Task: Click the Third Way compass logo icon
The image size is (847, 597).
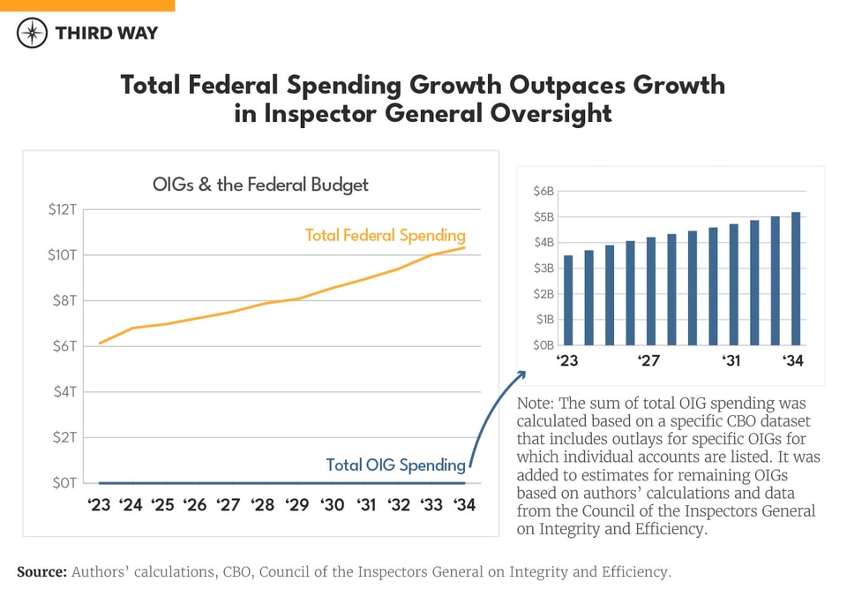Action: pos(32,33)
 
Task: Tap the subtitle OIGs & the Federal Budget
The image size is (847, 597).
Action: pos(260,185)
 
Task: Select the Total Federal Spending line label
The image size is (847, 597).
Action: pos(385,235)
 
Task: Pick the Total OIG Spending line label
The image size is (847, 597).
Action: pos(395,465)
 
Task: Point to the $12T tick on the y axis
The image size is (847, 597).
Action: pos(64,209)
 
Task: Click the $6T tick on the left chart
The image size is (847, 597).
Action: pos(66,346)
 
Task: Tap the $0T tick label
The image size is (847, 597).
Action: pos(66,483)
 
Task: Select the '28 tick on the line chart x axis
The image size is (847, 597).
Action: pos(263,505)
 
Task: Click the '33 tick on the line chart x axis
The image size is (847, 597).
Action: pos(431,505)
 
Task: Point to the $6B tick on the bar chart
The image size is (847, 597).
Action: pos(543,192)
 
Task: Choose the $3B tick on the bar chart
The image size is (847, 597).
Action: pos(543,268)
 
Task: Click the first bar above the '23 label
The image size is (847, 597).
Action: pos(568,300)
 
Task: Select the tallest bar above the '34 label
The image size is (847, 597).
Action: pos(796,278)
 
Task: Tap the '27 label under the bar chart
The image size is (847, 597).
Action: pos(649,360)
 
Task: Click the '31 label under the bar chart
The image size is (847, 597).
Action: pos(731,360)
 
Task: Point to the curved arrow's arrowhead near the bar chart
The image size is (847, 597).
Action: pos(521,374)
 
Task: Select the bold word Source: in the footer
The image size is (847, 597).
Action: pos(41,572)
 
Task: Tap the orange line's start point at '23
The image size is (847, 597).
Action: pos(100,343)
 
